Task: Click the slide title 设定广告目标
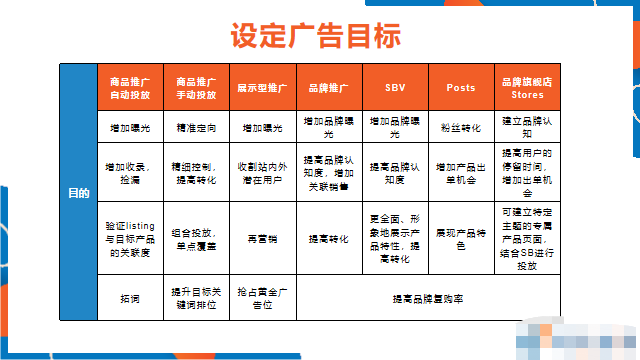[316, 36]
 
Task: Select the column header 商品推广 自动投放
[130, 87]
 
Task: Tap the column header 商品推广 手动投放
[197, 87]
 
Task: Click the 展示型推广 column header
[262, 87]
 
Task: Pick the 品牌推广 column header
[328, 87]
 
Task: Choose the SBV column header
[395, 87]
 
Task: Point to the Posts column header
[460, 87]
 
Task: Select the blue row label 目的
[77, 192]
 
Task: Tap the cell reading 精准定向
[197, 128]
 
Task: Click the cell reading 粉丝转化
[460, 128]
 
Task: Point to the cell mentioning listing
[130, 239]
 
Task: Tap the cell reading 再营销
[262, 239]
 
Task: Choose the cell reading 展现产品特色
[460, 239]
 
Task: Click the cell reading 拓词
[130, 298]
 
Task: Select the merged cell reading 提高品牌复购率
[427, 298]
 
